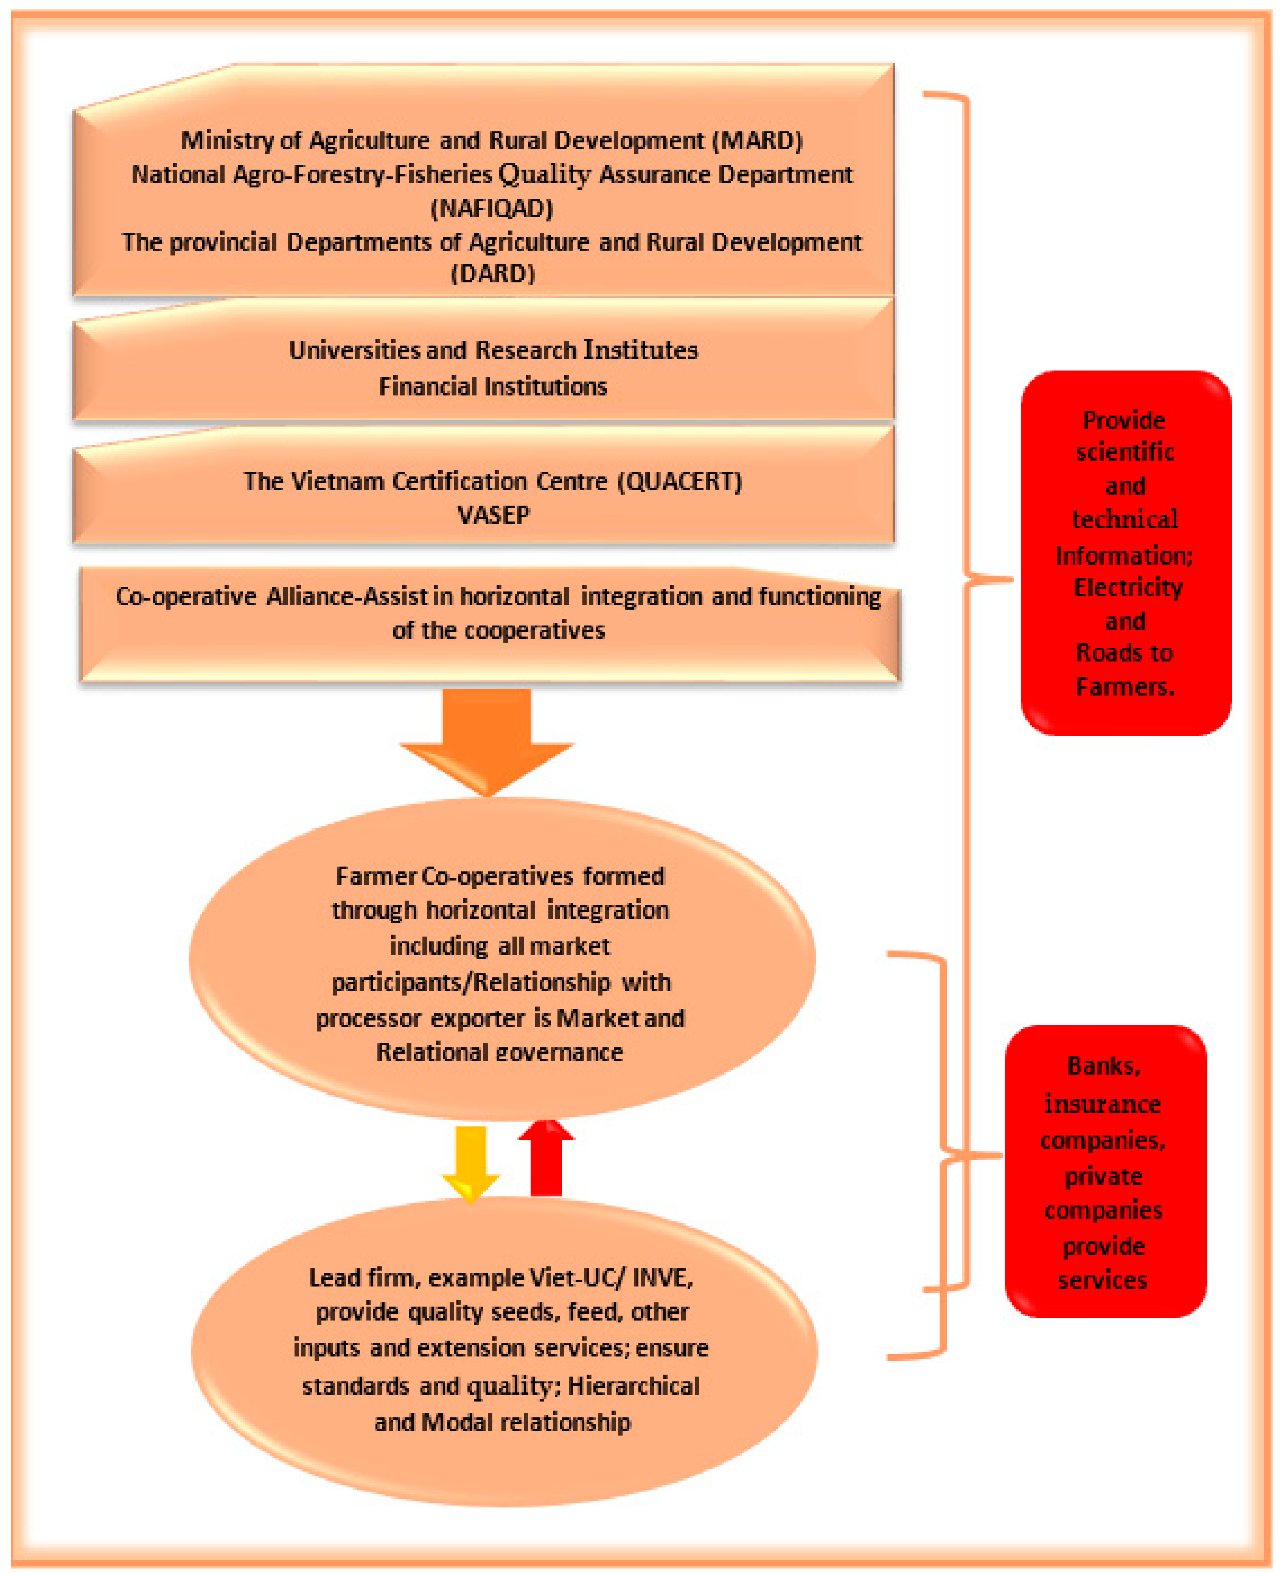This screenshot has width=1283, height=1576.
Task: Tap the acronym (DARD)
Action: tap(492, 274)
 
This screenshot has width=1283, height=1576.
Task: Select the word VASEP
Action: tap(493, 515)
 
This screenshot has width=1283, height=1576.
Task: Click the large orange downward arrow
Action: tap(486, 740)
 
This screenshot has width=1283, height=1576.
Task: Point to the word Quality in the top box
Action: tap(545, 174)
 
